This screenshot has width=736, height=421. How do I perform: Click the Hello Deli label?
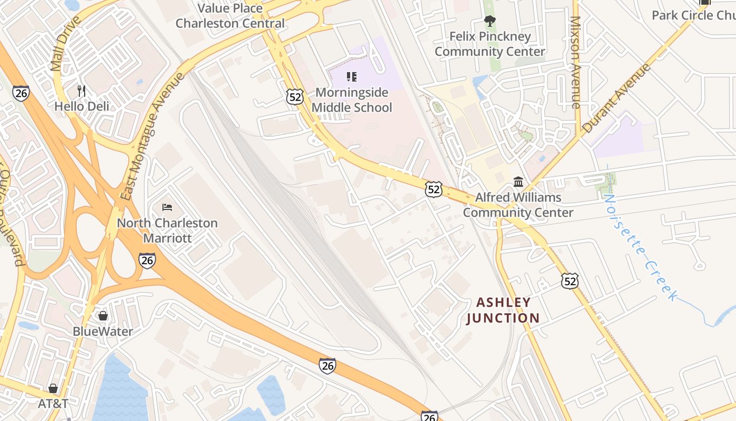click(x=82, y=106)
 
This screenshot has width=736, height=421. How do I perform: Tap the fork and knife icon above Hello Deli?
click(x=81, y=91)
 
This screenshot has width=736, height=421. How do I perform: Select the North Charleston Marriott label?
click(x=167, y=230)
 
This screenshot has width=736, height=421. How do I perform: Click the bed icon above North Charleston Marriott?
click(x=167, y=207)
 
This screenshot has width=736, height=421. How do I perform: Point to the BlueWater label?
click(x=103, y=332)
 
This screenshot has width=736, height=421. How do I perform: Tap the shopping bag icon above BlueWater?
click(x=103, y=316)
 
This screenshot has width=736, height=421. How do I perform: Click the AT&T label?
click(x=53, y=404)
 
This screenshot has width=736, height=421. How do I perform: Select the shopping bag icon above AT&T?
click(x=53, y=388)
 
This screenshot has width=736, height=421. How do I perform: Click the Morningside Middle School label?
click(x=352, y=100)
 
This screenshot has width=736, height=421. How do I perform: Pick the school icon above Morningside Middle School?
click(x=352, y=77)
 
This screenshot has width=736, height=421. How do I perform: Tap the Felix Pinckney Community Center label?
click(x=490, y=44)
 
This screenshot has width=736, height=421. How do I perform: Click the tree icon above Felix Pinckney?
click(x=490, y=21)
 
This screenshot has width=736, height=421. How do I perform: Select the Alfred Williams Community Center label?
click(x=518, y=205)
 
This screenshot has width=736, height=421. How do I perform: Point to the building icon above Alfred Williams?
click(x=518, y=182)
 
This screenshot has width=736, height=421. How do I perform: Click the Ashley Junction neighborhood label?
click(x=503, y=310)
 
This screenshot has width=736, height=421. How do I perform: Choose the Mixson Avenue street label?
click(x=576, y=62)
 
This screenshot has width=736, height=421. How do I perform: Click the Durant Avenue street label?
click(x=616, y=98)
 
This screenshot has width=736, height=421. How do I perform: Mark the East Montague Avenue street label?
click(x=153, y=136)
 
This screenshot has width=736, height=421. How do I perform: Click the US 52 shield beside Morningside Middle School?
click(x=295, y=96)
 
